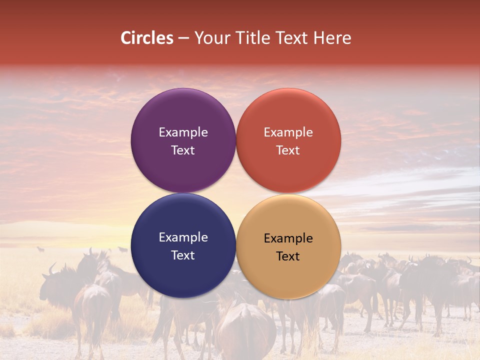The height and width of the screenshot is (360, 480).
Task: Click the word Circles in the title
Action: click(x=147, y=38)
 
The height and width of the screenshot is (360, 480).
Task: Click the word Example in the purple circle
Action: click(x=183, y=132)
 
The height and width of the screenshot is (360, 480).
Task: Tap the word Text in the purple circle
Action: click(x=183, y=150)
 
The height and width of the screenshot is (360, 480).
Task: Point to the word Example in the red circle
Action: click(x=288, y=132)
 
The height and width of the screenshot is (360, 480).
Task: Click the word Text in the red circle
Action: click(x=288, y=150)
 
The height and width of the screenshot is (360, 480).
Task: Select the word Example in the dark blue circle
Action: click(x=183, y=237)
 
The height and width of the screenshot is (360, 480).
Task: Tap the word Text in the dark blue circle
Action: click(x=183, y=255)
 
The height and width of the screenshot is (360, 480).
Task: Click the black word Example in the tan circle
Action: click(x=288, y=238)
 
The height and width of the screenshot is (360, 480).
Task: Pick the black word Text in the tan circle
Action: click(x=288, y=256)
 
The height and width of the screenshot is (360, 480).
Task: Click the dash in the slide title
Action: click(x=183, y=38)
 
